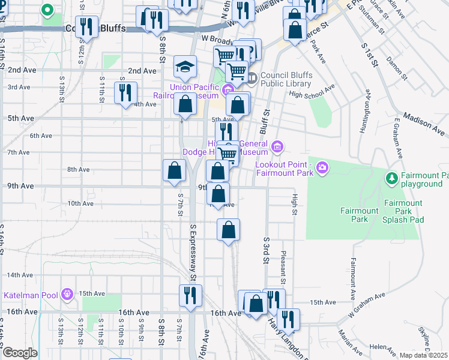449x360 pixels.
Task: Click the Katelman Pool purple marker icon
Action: (66, 293)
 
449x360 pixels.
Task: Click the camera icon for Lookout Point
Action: (323, 167)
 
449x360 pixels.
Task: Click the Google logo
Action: (19, 353)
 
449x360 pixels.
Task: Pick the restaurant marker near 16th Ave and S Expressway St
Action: (191, 296)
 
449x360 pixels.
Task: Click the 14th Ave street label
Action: (19, 275)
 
